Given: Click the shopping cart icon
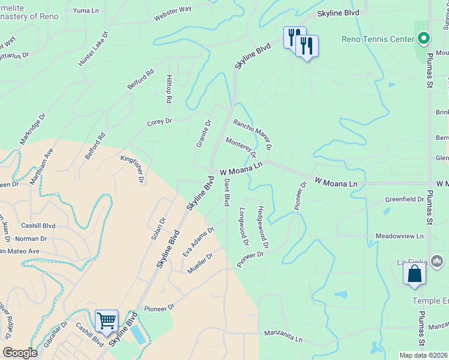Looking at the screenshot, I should coord(106,320).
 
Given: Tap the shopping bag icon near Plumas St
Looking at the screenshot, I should coord(414,274).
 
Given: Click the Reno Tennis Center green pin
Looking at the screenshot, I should coord(424,39).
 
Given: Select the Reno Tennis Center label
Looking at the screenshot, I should coord(378,40).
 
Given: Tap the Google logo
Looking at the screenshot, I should coord(20,353).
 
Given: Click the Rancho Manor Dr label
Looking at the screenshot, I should coord(253,134).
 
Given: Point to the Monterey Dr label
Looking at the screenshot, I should coord(241,148).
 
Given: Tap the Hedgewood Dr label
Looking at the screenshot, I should coord(262,228).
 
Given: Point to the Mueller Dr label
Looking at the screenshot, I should coord(200,263).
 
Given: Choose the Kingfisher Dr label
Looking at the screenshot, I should coord(133,168).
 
